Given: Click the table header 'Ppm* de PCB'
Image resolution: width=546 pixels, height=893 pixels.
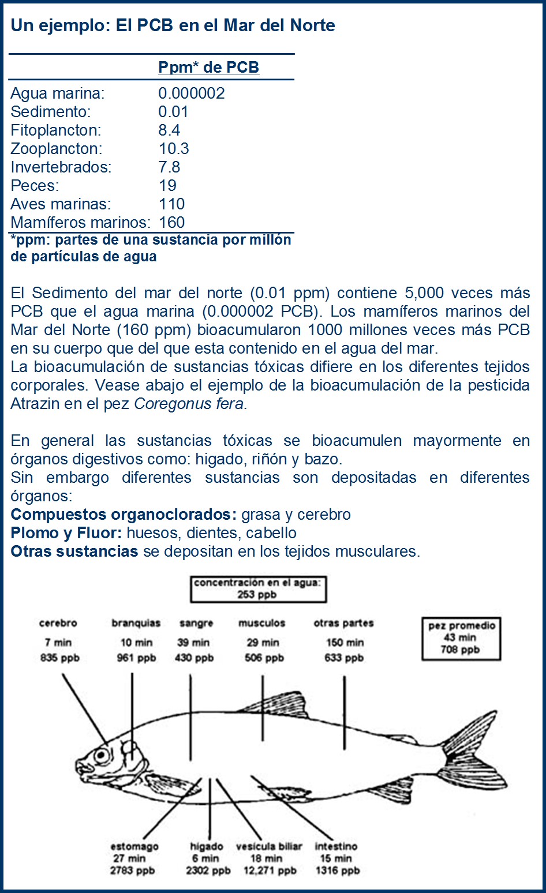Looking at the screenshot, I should [208, 67].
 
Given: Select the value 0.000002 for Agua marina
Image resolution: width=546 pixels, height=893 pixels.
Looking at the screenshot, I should [192, 93].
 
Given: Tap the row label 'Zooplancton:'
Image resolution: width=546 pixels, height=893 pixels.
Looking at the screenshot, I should [56, 149].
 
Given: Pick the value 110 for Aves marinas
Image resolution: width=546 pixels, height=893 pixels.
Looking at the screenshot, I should [171, 204].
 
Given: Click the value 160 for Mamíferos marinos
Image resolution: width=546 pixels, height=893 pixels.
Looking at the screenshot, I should [171, 223].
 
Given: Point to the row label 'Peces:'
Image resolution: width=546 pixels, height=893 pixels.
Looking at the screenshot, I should [35, 186].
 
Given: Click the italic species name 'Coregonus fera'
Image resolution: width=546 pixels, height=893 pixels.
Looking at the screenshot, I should [189, 404].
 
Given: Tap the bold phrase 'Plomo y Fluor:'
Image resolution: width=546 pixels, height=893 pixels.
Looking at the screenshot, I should [66, 533].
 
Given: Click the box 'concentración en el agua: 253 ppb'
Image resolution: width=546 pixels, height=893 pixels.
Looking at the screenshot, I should [257, 588].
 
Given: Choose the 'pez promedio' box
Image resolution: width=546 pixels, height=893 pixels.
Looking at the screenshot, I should [461, 638].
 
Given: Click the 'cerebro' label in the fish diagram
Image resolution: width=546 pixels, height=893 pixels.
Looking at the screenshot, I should [58, 623].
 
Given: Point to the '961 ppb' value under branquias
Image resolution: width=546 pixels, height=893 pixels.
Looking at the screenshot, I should [136, 658].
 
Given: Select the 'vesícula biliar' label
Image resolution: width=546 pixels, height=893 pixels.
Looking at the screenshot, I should [269, 846].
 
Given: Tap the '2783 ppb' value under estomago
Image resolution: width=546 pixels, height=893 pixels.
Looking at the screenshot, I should [132, 871].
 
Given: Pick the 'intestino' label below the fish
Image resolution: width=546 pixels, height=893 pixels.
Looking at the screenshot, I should [336, 846].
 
